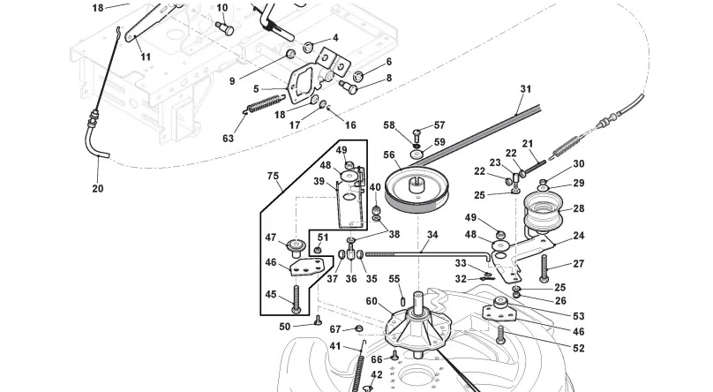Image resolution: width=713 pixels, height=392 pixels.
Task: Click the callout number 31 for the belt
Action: click(x=526, y=89)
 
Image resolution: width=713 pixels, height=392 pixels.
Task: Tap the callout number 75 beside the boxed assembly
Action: click(x=273, y=176)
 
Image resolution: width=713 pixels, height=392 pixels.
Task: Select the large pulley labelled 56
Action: click(x=417, y=190)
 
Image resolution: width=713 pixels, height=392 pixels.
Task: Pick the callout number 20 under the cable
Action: click(x=98, y=188)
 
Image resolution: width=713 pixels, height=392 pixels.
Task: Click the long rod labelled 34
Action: click(x=427, y=255)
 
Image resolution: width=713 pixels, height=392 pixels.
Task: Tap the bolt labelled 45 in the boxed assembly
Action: click(x=296, y=299)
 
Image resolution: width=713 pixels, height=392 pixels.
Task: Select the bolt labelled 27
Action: click(x=544, y=268)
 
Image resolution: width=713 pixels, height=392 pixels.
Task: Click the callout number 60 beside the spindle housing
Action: click(x=372, y=301)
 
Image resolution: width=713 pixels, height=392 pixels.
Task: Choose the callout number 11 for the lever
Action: click(x=146, y=57)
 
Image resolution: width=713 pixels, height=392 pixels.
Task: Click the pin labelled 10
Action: click(x=225, y=28)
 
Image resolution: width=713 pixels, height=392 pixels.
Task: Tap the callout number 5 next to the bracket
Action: click(x=256, y=88)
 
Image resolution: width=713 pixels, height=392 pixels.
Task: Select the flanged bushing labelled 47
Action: click(x=296, y=247)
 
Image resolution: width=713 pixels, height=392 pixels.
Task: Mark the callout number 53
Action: click(x=578, y=316)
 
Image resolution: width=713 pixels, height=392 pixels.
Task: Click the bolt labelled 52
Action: click(x=500, y=335)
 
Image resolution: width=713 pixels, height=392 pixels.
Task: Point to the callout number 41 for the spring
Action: click(x=335, y=346)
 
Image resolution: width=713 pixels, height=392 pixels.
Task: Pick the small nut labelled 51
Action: click(x=319, y=250)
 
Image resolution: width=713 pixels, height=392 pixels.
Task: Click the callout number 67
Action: click(x=335, y=329)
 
